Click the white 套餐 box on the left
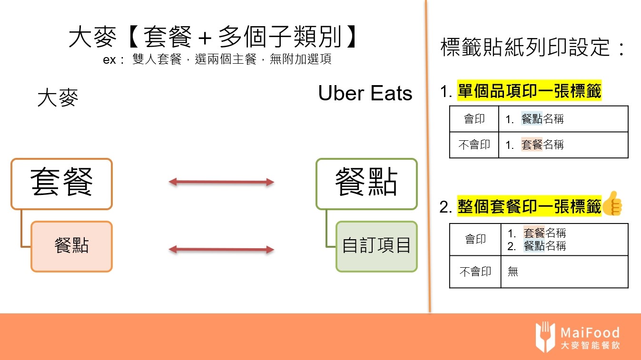[61, 184]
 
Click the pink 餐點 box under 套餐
[71, 246]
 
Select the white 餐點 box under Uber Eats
[366, 184]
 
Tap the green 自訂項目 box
[376, 246]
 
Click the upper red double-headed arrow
[222, 182]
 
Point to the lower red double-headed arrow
[222, 249]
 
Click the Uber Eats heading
[365, 93]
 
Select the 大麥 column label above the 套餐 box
[58, 98]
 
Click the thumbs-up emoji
[612, 204]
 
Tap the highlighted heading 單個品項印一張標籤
[529, 91]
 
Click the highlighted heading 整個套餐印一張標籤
[529, 207]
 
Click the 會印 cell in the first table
[474, 119]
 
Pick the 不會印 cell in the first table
[474, 145]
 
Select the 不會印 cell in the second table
[475, 272]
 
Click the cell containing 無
[564, 272]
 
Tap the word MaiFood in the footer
[590, 332]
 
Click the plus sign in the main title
[205, 37]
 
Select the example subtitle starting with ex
[217, 60]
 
